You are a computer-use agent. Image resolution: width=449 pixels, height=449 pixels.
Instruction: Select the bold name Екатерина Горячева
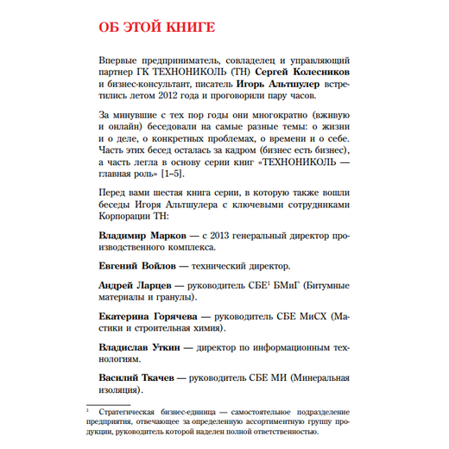pyautogui.click(x=143, y=317)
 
